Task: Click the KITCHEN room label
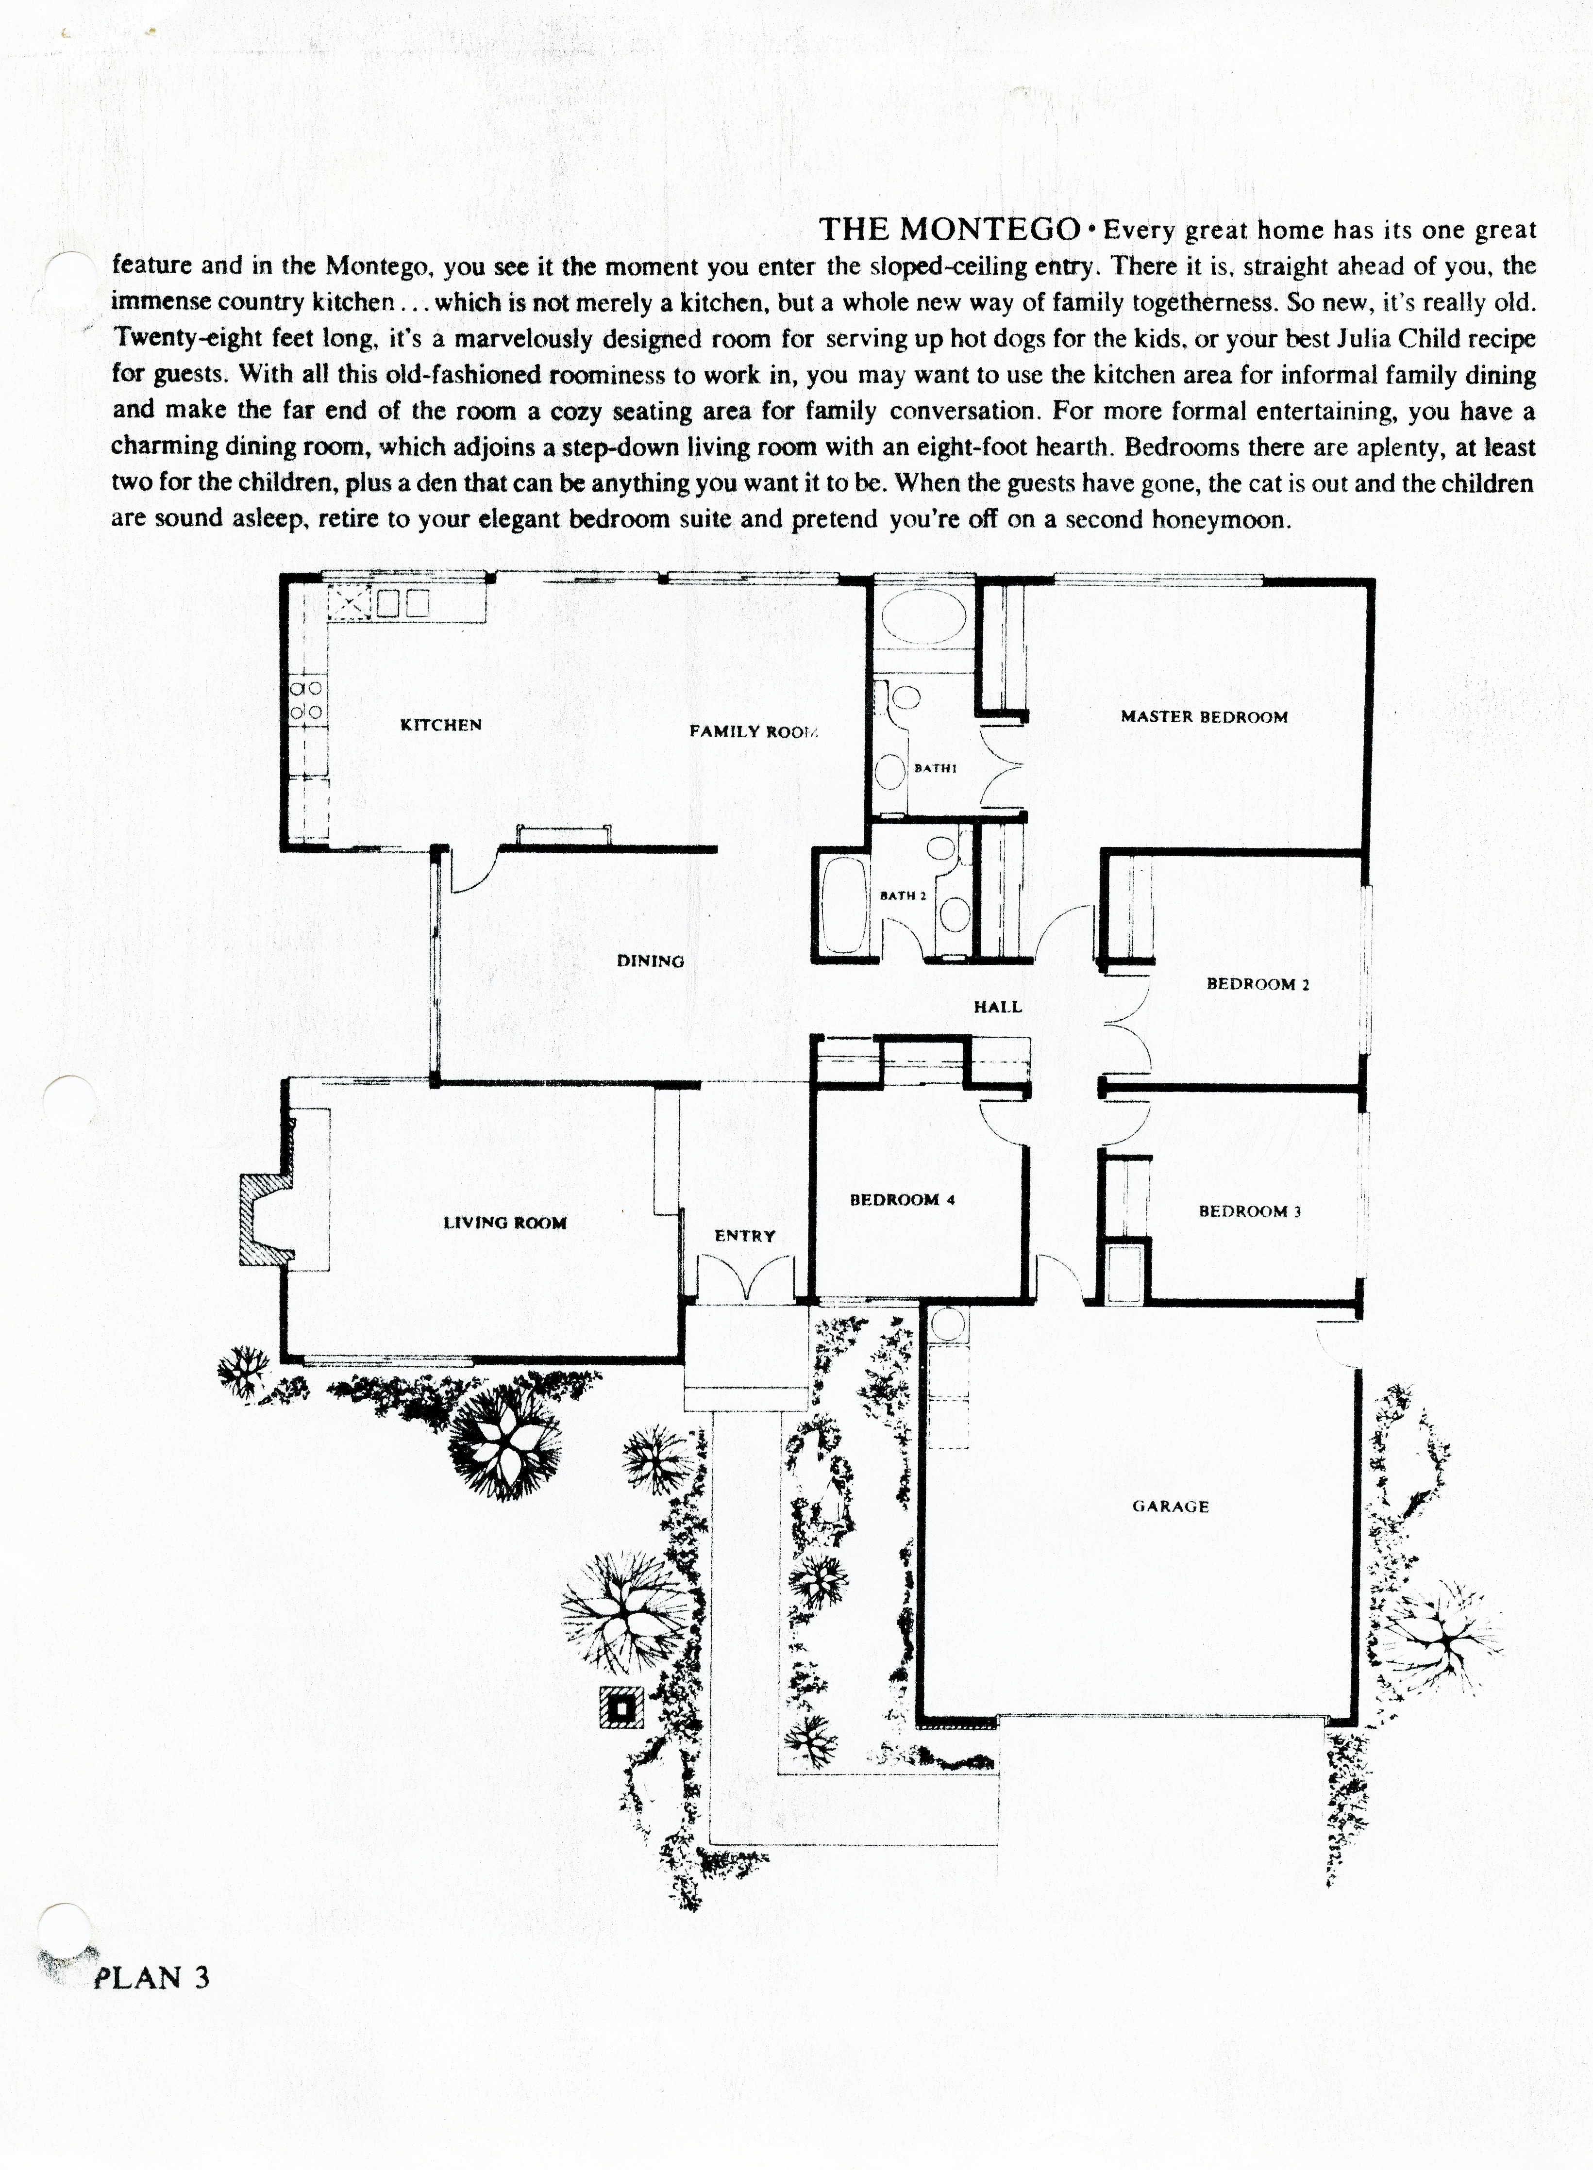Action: click(441, 725)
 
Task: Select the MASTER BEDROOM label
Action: click(1204, 717)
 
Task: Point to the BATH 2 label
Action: click(903, 895)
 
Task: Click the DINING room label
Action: click(650, 961)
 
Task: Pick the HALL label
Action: click(997, 1008)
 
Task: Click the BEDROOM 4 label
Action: click(902, 1200)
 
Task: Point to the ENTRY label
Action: click(744, 1236)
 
